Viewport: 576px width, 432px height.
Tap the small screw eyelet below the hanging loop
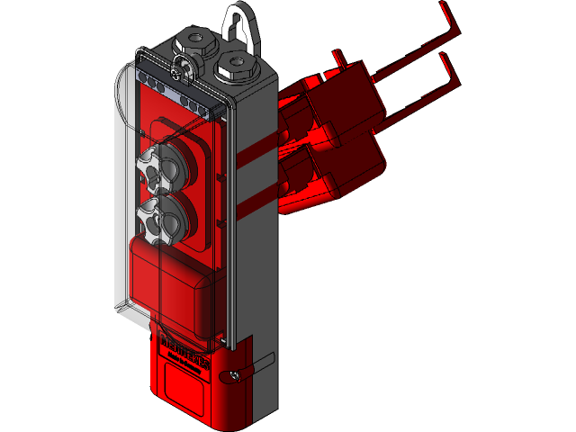(183, 65)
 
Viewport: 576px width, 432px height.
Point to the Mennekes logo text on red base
(184, 351)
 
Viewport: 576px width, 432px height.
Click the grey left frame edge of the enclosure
(121, 198)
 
